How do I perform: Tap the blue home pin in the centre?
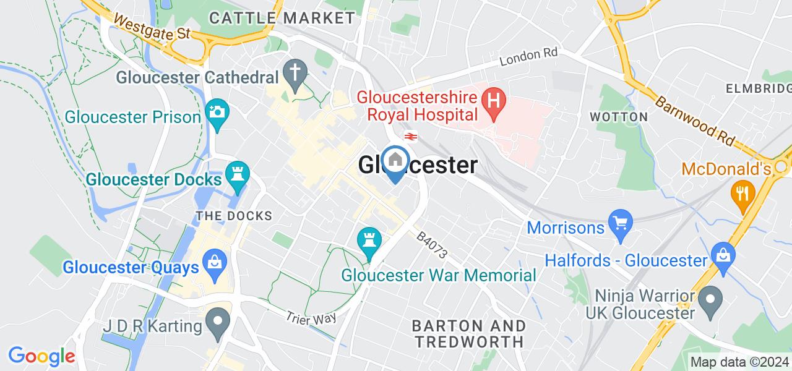[x=395, y=161]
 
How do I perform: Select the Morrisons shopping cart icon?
[x=619, y=221]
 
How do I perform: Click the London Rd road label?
[x=528, y=58]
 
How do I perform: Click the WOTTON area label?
[x=619, y=116]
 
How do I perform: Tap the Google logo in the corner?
[x=41, y=356]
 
